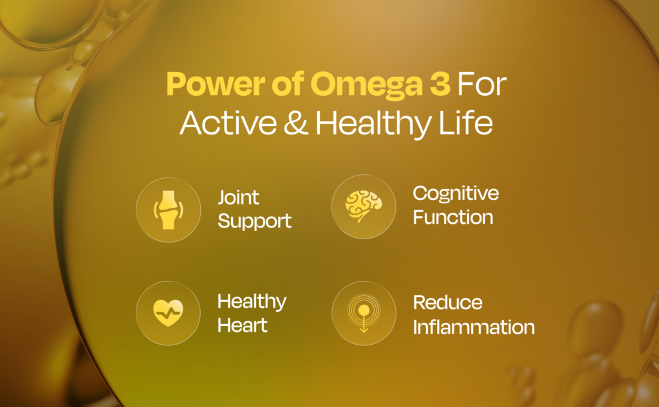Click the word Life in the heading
(x=467, y=123)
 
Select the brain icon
(x=363, y=206)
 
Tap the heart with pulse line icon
(x=167, y=312)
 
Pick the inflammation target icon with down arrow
(x=363, y=312)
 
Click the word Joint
(x=238, y=197)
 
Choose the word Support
(x=254, y=222)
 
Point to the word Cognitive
(x=456, y=193)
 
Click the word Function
(x=453, y=217)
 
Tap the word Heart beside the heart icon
(x=243, y=325)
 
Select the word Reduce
(x=447, y=302)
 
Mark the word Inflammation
(x=474, y=327)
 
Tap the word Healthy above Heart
(x=252, y=302)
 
